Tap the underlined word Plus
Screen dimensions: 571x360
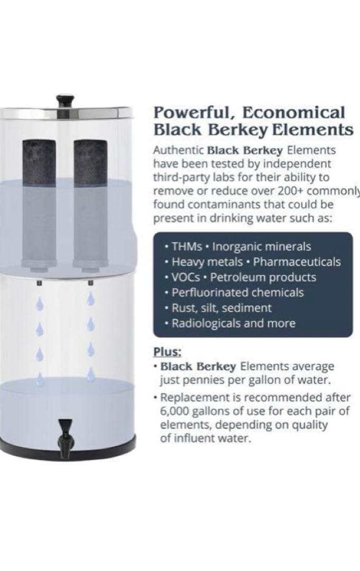(x=167, y=352)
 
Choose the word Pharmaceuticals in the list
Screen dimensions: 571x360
(x=297, y=262)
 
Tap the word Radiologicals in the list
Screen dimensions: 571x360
(x=206, y=323)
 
